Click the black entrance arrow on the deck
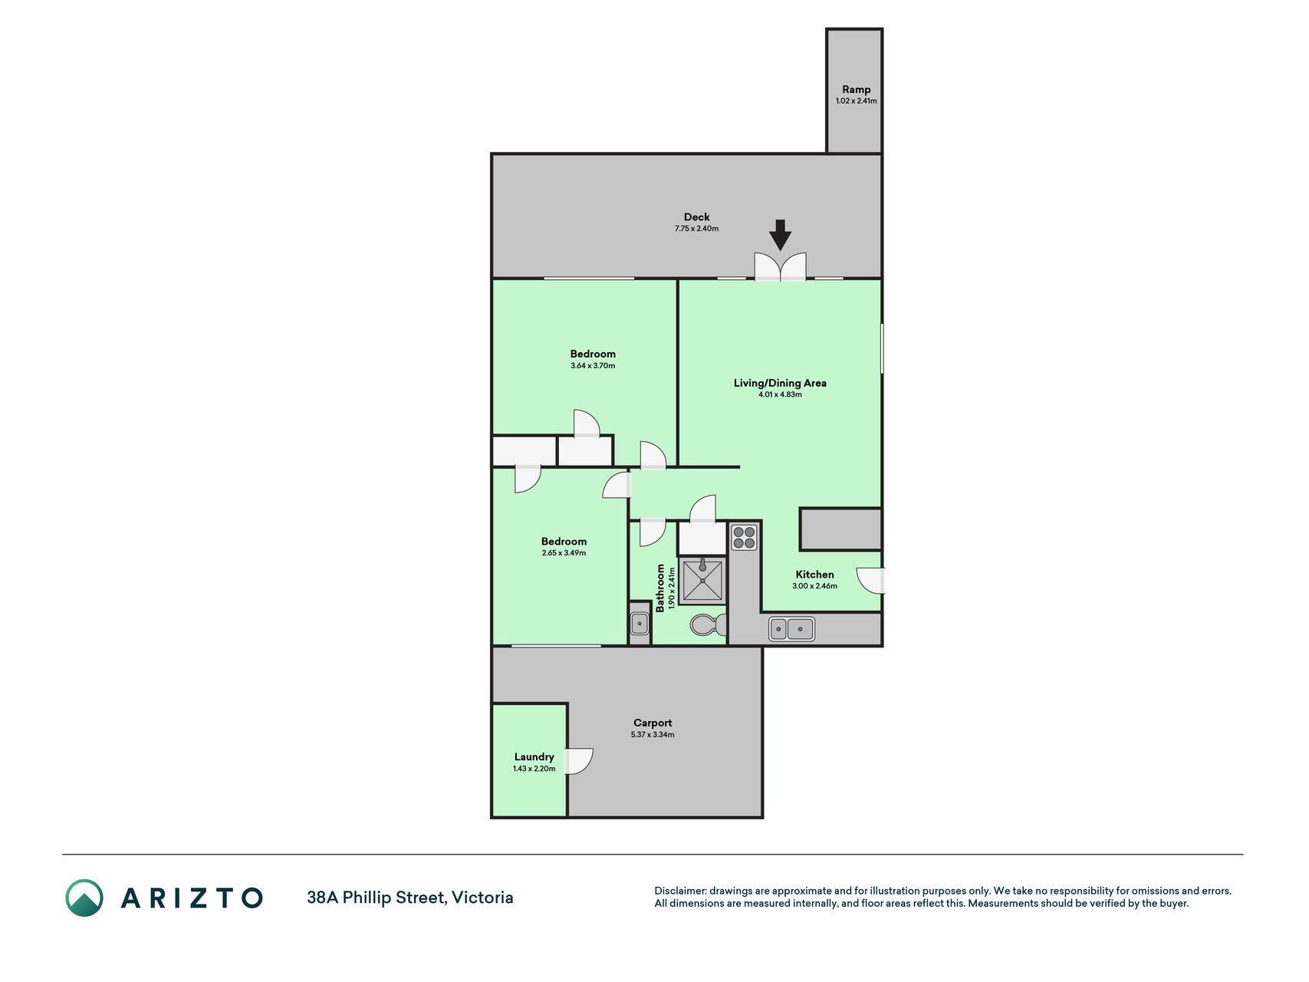click(x=780, y=235)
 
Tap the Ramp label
click(x=857, y=89)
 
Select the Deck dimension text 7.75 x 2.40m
click(x=696, y=229)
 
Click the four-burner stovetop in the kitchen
click(x=744, y=537)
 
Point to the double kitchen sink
click(x=791, y=629)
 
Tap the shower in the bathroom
click(x=702, y=581)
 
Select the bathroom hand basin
click(x=640, y=623)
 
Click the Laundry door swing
click(x=579, y=761)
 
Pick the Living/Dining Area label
click(x=780, y=383)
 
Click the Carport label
click(x=653, y=723)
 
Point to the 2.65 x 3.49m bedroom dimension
click(x=564, y=553)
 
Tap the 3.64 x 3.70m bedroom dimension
click(x=593, y=366)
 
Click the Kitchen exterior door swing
click(x=870, y=580)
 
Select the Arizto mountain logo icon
click(x=84, y=898)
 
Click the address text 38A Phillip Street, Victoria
click(x=410, y=898)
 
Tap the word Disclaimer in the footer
click(x=680, y=891)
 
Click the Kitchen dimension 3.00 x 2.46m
click(x=814, y=586)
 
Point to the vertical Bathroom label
click(x=660, y=588)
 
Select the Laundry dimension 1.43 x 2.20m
click(x=534, y=769)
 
